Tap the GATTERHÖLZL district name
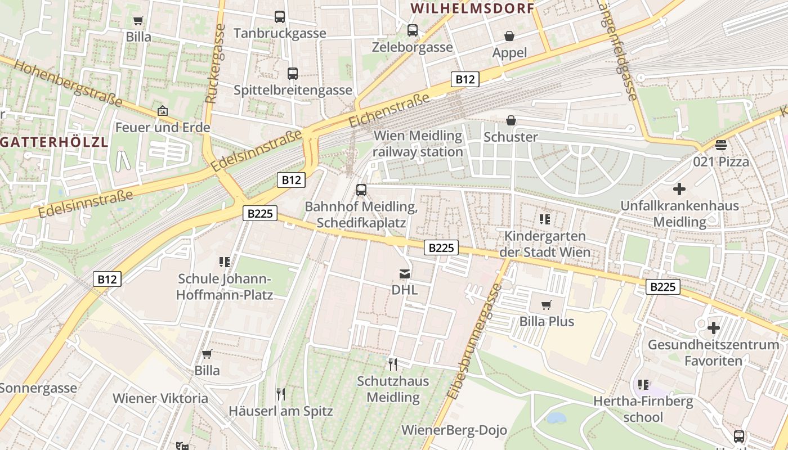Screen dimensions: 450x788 click(x=54, y=142)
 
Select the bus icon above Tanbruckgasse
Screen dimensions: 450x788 click(x=280, y=17)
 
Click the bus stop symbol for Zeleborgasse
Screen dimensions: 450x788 click(x=413, y=30)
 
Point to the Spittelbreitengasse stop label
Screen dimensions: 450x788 click(x=293, y=90)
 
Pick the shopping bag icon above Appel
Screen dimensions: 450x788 click(x=509, y=37)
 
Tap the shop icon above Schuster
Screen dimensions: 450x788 click(x=511, y=120)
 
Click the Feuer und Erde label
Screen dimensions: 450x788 click(x=163, y=127)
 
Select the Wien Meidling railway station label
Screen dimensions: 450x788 click(x=418, y=144)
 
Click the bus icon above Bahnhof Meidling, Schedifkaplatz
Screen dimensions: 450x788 click(x=361, y=190)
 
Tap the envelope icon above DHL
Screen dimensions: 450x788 click(x=404, y=274)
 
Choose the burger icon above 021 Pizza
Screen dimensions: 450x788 click(x=721, y=145)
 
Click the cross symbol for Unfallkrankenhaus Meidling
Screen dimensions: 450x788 click(x=679, y=189)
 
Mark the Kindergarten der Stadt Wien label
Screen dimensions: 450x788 click(x=545, y=244)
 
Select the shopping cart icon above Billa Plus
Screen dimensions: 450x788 click(x=546, y=305)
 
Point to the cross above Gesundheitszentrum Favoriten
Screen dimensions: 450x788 click(x=714, y=327)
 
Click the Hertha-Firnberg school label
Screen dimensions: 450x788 click(x=643, y=409)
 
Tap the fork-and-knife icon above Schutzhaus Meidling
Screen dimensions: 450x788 click(x=393, y=364)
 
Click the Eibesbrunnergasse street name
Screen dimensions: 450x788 click(x=474, y=341)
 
